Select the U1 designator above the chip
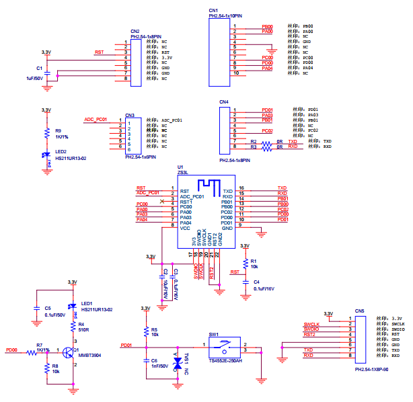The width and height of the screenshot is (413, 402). [180, 167]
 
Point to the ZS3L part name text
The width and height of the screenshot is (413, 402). [182, 173]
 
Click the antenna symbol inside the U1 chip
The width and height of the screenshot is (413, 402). [205, 184]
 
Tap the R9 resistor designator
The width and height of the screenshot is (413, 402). [59, 131]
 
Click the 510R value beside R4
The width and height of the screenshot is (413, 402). [84, 331]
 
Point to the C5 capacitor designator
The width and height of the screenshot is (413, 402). [47, 308]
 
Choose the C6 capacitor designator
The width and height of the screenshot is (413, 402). [154, 360]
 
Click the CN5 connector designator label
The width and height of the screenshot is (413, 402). [360, 311]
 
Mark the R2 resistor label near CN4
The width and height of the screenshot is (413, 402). [253, 142]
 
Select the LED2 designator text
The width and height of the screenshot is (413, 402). [61, 152]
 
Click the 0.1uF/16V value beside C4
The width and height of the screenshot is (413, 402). [264, 289]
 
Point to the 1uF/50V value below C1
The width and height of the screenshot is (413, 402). [34, 78]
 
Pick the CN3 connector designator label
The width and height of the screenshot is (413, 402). [130, 115]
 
